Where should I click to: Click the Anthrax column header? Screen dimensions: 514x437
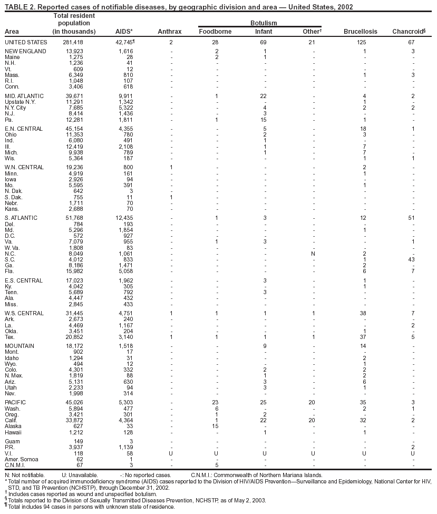169,32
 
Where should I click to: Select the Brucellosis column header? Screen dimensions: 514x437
360,32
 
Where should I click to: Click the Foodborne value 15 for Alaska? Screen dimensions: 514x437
215,426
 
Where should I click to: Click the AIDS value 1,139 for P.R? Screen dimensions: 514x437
125,447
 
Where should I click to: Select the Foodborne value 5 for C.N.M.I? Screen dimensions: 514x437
217,465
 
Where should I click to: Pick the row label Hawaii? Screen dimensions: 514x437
14,432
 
